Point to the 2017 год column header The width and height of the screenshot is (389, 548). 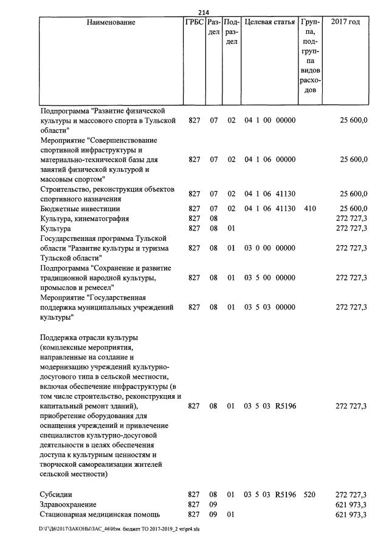(x=345, y=22)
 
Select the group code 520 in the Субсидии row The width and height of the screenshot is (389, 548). (x=310, y=495)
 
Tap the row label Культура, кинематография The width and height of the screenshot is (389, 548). (x=84, y=218)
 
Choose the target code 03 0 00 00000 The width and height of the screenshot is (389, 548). (x=270, y=248)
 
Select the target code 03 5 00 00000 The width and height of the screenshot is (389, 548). (x=270, y=278)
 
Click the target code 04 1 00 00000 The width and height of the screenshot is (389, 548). (x=270, y=120)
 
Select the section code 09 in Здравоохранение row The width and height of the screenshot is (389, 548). (x=213, y=505)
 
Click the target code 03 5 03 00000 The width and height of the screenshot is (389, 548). (x=270, y=308)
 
